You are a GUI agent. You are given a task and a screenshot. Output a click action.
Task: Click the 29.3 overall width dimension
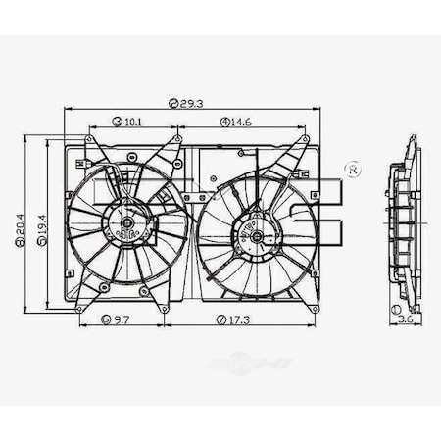(x=190, y=101)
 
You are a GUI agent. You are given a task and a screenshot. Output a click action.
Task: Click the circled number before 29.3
(x=172, y=101)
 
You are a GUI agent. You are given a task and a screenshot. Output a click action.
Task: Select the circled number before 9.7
(x=106, y=319)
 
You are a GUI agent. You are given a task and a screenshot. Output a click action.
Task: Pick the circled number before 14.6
(x=225, y=122)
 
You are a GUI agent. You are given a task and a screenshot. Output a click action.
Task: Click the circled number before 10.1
(x=118, y=122)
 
